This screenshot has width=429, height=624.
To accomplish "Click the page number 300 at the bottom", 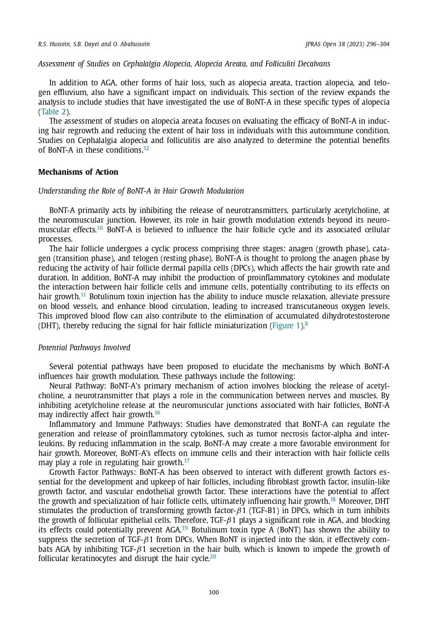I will click(x=213, y=592).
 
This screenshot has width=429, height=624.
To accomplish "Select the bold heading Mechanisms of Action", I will click(x=78, y=172).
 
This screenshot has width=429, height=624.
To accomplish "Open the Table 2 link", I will click(x=53, y=112).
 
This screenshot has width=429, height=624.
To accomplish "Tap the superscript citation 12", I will click(x=147, y=148).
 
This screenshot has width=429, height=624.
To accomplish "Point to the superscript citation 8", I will click(x=306, y=324).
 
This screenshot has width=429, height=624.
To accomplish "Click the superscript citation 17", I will click(x=187, y=461).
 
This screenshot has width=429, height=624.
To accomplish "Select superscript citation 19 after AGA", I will click(x=185, y=528).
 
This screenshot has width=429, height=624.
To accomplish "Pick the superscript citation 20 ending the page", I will click(x=213, y=557).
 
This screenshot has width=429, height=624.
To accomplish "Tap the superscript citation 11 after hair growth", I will click(x=83, y=295).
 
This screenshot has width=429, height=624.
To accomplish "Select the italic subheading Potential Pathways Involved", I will click(x=84, y=348).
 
